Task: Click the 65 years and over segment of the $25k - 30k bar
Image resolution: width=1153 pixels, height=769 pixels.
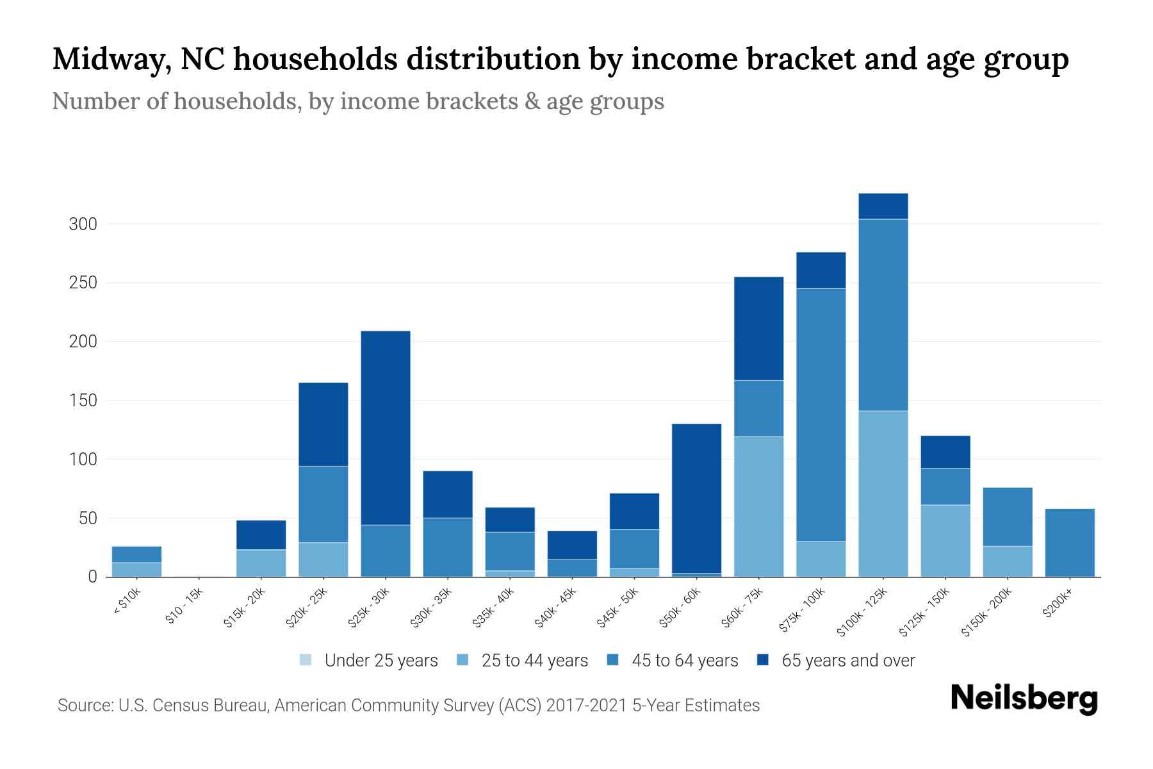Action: tap(386, 427)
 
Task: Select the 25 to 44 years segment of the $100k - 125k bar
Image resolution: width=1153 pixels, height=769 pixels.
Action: tap(883, 493)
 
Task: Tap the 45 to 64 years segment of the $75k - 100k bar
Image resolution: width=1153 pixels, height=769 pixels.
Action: tap(821, 415)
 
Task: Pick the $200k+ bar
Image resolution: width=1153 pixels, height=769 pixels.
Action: tap(1070, 542)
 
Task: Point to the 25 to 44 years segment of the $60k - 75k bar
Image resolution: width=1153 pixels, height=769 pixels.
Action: tap(759, 506)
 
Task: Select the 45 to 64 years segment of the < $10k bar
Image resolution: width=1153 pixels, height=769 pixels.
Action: tap(136, 554)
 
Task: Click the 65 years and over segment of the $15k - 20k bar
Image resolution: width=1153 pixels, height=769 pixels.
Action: tap(261, 534)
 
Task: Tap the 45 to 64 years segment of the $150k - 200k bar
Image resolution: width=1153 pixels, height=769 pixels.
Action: tap(1008, 517)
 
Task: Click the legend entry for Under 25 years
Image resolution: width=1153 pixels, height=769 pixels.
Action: tap(369, 661)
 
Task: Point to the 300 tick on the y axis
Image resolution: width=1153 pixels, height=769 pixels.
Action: tap(83, 224)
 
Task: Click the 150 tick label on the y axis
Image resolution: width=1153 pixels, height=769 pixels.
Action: tap(83, 401)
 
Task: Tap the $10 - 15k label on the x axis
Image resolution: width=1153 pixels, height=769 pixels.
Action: tap(184, 607)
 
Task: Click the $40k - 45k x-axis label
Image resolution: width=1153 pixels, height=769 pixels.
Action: tap(556, 609)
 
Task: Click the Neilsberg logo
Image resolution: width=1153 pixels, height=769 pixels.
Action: tap(1024, 699)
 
